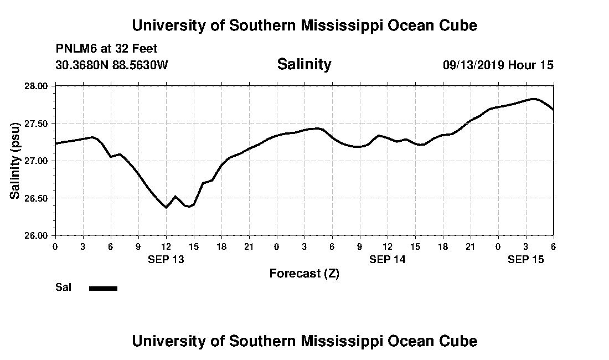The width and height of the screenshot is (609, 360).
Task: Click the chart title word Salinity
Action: click(x=304, y=64)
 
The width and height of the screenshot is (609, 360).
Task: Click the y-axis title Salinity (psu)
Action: click(x=15, y=161)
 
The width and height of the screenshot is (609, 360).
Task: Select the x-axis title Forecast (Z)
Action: click(x=304, y=273)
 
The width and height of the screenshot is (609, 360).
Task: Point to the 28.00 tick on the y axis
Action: click(x=39, y=86)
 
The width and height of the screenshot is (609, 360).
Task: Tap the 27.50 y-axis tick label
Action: click(x=39, y=123)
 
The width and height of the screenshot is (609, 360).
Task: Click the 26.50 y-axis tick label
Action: click(x=39, y=198)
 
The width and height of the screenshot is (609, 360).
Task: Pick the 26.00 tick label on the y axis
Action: click(x=39, y=235)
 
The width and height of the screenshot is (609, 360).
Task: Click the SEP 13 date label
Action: click(x=166, y=259)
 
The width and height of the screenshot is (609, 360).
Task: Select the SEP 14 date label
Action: click(x=387, y=259)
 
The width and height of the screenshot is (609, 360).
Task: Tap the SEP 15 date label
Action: click(x=525, y=259)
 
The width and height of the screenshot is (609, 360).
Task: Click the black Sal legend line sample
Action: click(x=103, y=288)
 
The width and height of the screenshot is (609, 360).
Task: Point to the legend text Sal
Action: click(x=62, y=287)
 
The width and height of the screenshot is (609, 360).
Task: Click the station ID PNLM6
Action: click(x=74, y=49)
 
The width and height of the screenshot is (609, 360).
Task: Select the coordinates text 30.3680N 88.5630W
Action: click(x=111, y=65)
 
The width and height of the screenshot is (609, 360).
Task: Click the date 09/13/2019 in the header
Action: click(x=473, y=65)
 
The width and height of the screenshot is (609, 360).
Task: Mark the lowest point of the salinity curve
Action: click(x=166, y=207)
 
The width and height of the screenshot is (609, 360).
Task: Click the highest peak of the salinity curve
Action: click(x=533, y=99)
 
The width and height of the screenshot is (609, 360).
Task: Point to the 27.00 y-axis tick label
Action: click(x=39, y=161)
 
